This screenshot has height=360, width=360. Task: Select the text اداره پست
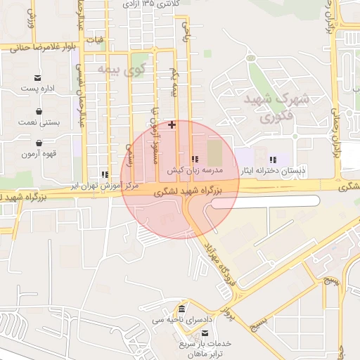pyautogui.click(x=37, y=89)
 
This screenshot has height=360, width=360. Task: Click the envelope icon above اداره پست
pyautogui.click(x=37, y=77)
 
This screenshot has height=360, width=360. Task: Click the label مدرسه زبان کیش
pyautogui.click(x=195, y=170)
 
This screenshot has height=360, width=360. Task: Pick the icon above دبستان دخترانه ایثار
pyautogui.click(x=273, y=160)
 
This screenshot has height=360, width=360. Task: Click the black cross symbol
pyautogui.click(x=172, y=124)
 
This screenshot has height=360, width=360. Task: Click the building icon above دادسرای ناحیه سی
pyautogui.click(x=182, y=309)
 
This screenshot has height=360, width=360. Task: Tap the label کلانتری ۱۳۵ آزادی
pyautogui.click(x=150, y=4)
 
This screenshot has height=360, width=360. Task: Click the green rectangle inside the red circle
pyautogui.click(x=213, y=151)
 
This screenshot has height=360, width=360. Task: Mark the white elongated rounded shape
pyautogui.click(x=266, y=202)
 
